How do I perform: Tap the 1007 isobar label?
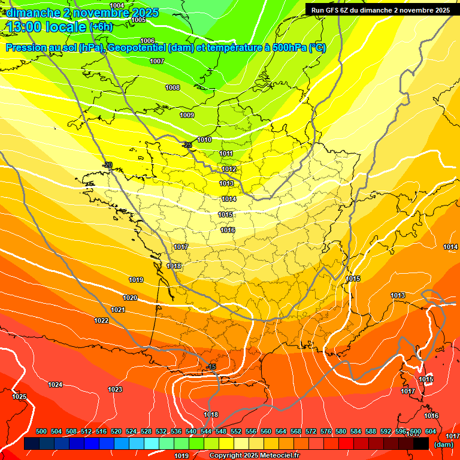[157, 61]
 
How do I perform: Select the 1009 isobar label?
[187, 115]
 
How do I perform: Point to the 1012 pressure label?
[229, 170]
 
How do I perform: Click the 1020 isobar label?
[130, 298]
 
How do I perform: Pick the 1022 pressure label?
[101, 320]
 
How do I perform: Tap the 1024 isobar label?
[55, 385]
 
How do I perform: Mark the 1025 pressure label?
[19, 397]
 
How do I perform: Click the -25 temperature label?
[187, 145]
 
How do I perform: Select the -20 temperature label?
[107, 165]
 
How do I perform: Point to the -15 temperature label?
[210, 367]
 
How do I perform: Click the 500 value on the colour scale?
[41, 431]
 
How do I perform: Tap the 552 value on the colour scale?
[236, 431]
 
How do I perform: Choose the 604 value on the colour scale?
[431, 431]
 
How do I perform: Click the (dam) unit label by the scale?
[443, 444]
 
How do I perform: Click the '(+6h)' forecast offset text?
[101, 26]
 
